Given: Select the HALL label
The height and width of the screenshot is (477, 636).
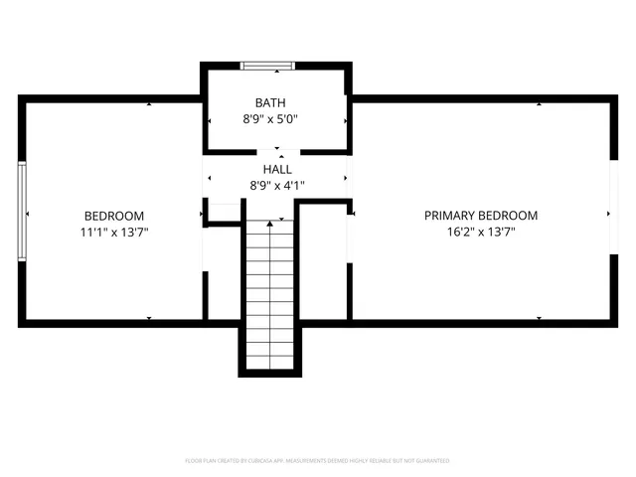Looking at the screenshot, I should [x=276, y=169].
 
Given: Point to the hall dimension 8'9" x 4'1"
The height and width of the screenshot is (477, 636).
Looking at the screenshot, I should [x=276, y=185].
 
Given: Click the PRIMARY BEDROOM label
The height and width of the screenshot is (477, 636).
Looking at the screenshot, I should [x=481, y=216].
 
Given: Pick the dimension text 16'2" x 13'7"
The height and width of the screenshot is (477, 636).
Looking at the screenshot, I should [x=481, y=232].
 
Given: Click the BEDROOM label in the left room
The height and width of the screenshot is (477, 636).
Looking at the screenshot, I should [x=113, y=216].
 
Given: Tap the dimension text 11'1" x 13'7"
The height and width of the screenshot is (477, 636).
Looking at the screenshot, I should [x=113, y=232].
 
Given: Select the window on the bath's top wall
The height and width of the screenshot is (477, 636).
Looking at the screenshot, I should [x=268, y=67].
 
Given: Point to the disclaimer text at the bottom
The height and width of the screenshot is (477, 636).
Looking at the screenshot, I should [x=318, y=461].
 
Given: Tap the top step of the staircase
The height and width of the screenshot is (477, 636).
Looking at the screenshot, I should [x=271, y=227].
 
